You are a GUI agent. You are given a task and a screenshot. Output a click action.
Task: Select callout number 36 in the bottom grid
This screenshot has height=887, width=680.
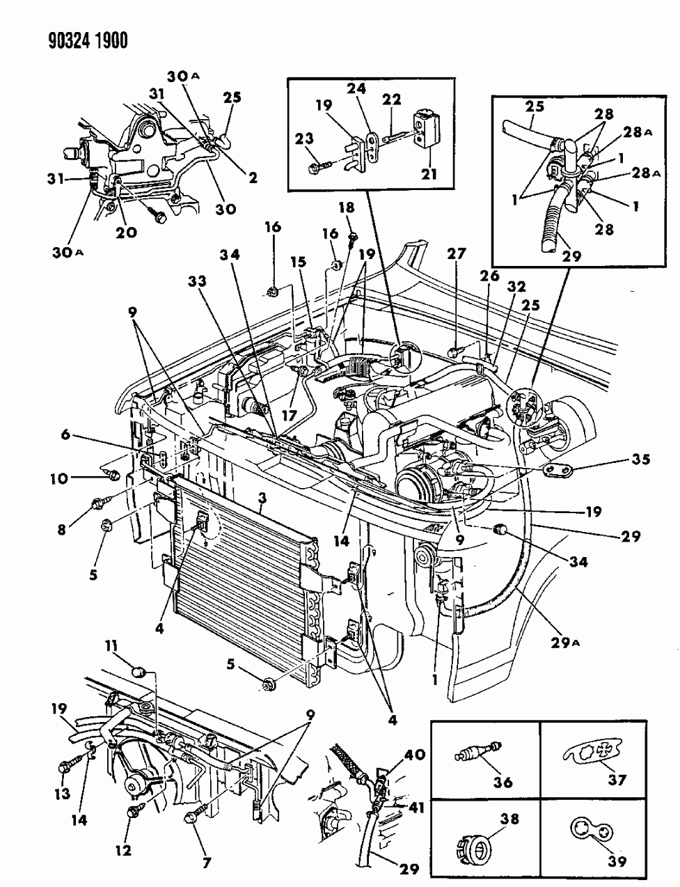[x=503, y=782]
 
